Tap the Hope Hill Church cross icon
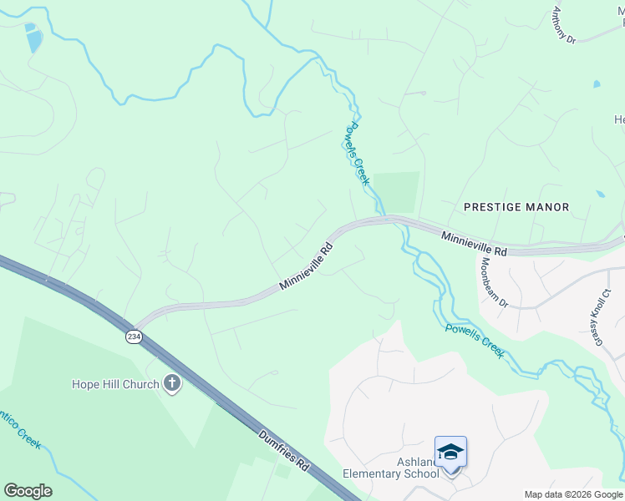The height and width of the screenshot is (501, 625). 172,384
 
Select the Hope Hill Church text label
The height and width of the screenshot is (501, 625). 114,385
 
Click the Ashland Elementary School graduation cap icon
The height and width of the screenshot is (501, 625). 450,453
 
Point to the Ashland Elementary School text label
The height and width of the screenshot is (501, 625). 391,468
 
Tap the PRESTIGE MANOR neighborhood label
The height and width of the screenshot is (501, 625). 516,206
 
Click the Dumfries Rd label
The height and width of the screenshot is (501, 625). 283,451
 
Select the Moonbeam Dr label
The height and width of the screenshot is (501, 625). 493,282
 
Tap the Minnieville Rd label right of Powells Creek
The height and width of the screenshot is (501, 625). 474,244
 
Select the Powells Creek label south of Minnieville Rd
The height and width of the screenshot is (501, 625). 475,341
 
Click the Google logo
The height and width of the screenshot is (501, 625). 28,491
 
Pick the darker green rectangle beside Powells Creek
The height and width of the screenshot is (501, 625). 396,192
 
